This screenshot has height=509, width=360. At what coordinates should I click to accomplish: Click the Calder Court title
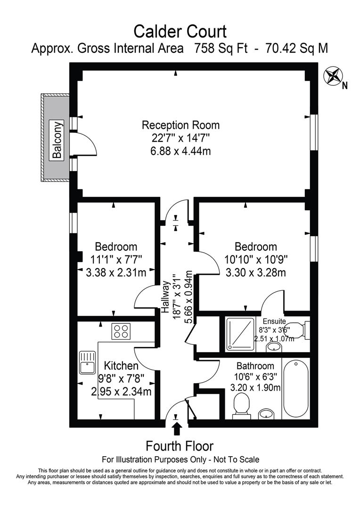pyautogui.click(x=180, y=32)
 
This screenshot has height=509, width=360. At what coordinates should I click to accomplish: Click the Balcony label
pyautogui.click(x=57, y=140)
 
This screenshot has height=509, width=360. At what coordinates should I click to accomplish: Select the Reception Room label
pyautogui.click(x=180, y=125)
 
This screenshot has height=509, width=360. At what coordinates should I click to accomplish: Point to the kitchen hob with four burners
pyautogui.click(x=121, y=331)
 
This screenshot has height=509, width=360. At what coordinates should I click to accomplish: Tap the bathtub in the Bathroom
pyautogui.click(x=296, y=387)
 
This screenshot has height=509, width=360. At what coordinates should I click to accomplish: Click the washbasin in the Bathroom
pyautogui.click(x=267, y=414)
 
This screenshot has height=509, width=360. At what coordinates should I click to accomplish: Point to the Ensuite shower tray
pyautogui.click(x=240, y=333)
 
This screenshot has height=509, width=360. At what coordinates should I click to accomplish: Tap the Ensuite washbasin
pyautogui.click(x=273, y=347)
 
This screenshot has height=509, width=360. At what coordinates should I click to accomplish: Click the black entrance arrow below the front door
pyautogui.click(x=177, y=428)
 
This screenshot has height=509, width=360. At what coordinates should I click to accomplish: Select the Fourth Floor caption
pyautogui.click(x=180, y=445)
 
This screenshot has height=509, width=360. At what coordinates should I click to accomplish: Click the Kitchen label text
pyautogui.click(x=121, y=366)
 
